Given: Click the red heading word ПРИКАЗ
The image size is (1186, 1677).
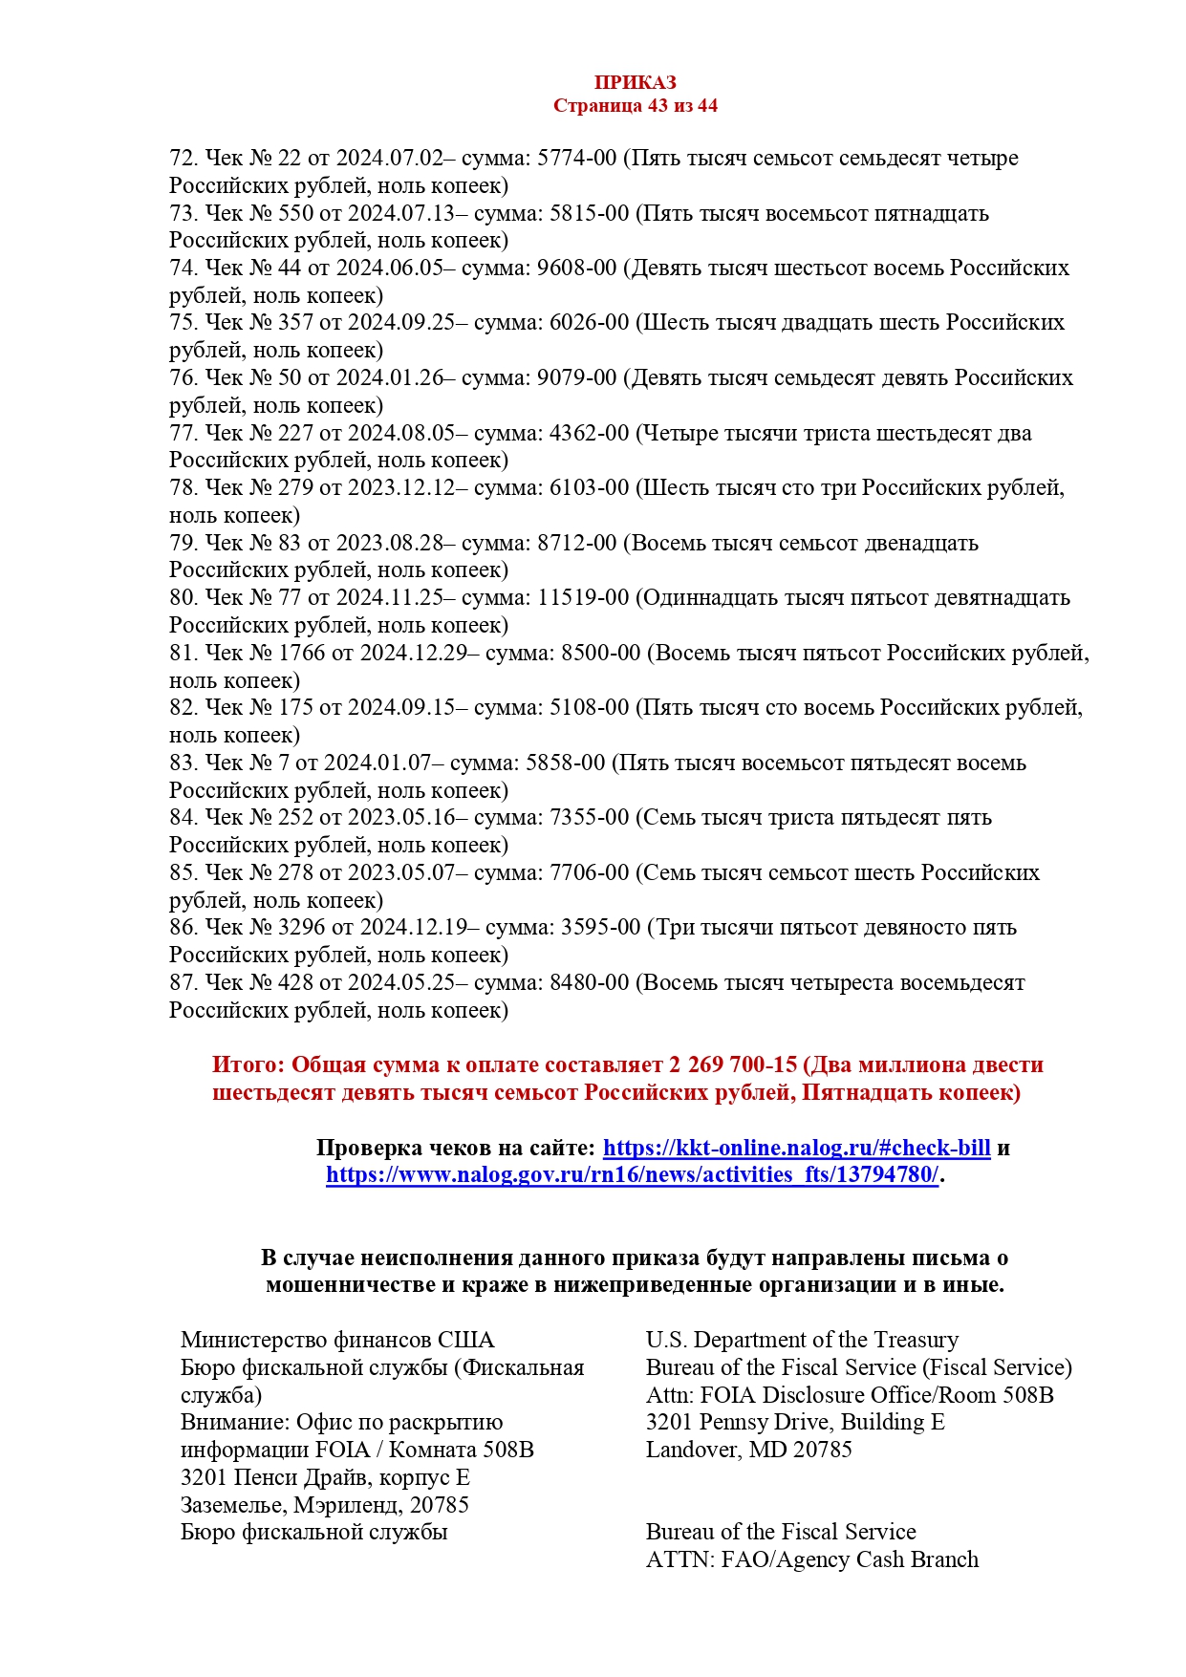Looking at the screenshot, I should (635, 83).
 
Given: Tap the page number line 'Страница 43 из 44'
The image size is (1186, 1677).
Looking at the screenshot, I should (635, 106).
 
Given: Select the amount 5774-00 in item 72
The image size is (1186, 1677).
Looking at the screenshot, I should (577, 158).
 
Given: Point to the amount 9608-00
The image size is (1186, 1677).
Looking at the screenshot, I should (577, 268).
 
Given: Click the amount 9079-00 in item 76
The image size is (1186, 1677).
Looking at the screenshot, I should (577, 377).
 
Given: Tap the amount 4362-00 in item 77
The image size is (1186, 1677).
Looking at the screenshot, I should (589, 433).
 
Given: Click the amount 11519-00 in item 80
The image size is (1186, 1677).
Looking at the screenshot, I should (583, 597).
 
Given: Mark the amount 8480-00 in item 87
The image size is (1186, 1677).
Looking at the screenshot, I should (589, 982).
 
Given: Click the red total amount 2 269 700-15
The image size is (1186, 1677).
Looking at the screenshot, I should (733, 1064).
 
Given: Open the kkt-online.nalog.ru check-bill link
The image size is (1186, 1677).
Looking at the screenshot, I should (796, 1148).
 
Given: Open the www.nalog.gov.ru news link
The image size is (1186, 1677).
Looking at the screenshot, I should (632, 1174).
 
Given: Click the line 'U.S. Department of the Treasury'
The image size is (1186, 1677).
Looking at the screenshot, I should (802, 1340).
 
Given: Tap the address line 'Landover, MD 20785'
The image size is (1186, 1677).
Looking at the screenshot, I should (748, 1450).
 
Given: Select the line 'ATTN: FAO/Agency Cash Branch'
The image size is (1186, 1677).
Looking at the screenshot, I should (812, 1559).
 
